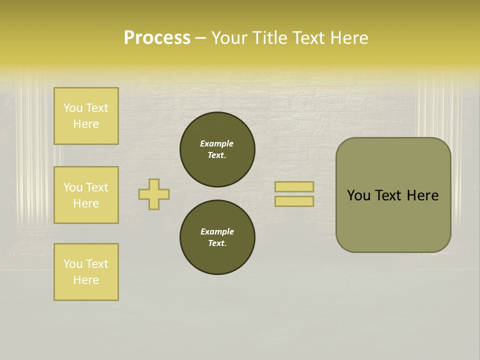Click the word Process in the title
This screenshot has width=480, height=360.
157,38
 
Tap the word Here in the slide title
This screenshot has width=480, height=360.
348,38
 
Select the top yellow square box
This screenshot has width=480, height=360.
86,116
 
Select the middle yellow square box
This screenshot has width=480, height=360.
86,195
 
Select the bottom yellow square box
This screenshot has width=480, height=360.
86,272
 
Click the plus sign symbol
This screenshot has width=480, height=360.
154,194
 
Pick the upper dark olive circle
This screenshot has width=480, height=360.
217,149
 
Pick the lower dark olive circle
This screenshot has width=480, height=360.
217,237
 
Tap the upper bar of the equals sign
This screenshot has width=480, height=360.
294,186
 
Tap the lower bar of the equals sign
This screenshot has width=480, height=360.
294,201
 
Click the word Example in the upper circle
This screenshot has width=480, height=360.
216,143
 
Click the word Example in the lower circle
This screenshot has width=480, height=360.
217,231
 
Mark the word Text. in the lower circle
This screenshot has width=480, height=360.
217,243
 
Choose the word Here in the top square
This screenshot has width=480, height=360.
86,124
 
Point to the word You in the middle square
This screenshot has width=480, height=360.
73,187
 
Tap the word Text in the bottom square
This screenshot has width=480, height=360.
96,264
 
